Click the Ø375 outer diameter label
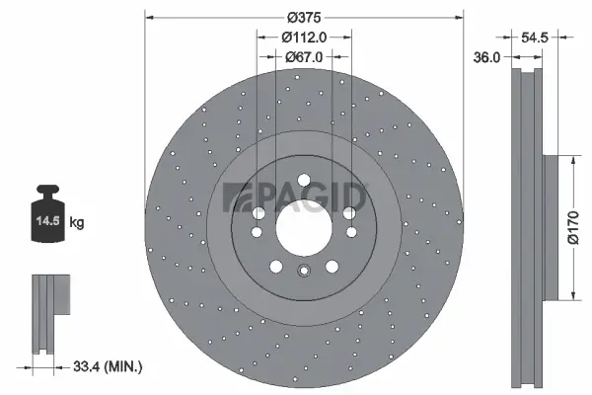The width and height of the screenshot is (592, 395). [304, 17]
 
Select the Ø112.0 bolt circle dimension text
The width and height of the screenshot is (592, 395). [304, 37]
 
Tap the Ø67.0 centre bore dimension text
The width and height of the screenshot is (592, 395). [304, 56]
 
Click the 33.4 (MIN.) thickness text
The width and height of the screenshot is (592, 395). [110, 366]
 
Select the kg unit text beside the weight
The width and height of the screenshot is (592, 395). [77, 223]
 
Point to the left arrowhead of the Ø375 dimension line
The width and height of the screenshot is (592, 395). [149, 17]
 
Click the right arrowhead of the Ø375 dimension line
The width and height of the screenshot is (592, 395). [459, 17]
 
